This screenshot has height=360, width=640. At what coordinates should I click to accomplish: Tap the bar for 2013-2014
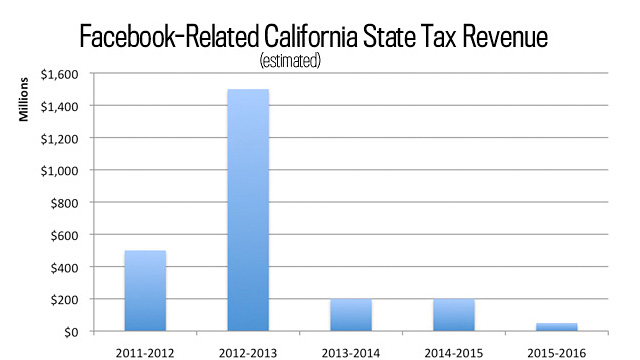[x=351, y=315]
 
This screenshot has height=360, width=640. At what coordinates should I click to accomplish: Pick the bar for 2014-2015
[x=453, y=315]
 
